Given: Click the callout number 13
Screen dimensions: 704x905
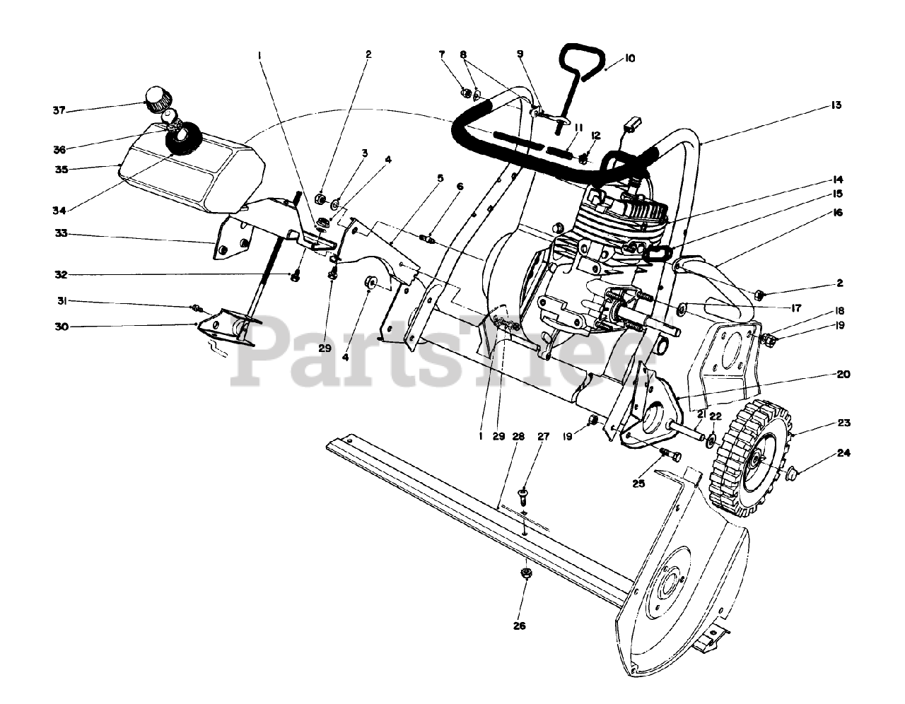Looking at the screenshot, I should tap(836, 105).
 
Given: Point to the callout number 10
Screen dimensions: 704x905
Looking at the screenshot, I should tap(630, 59).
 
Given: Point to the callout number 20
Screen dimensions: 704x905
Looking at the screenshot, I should tap(842, 375).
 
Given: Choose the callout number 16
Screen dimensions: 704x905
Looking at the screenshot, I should tap(838, 213).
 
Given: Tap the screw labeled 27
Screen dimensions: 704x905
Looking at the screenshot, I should tap(524, 492).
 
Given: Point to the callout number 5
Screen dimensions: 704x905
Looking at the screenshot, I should tap(440, 179).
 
